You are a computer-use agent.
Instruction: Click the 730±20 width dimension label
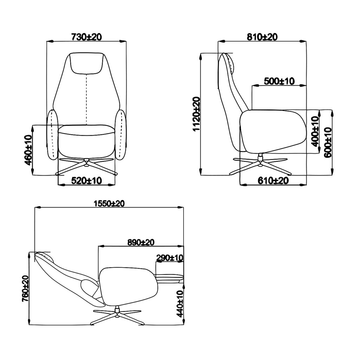[86, 37]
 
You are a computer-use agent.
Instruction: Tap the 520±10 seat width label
[86, 181]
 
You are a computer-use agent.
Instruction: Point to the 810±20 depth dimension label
[262, 37]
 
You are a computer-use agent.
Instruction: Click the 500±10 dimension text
[279, 81]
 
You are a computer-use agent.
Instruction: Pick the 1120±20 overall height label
[196, 114]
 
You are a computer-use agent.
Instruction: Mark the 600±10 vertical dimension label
[328, 142]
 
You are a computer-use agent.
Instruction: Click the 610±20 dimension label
[273, 181]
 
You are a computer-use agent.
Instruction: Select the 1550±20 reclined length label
[109, 204]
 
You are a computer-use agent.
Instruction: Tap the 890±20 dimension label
[141, 242]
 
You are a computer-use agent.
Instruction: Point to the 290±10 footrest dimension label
[170, 258]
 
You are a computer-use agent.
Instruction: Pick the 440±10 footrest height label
[180, 304]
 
